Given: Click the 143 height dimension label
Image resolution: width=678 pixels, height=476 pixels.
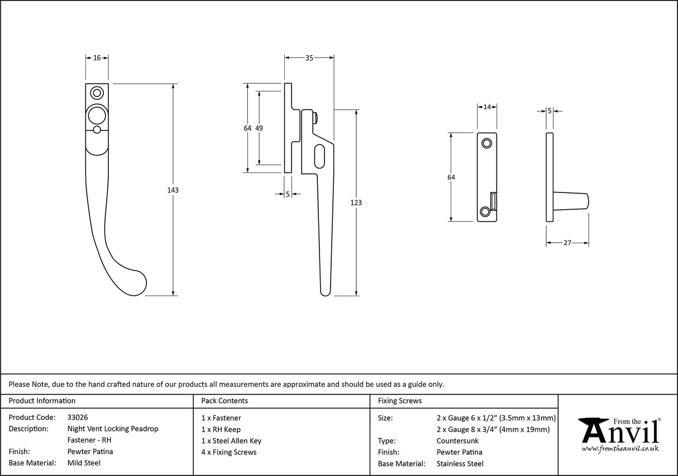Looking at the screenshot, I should [x=173, y=190].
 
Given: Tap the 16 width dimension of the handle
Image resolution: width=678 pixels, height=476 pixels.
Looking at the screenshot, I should [x=97, y=57].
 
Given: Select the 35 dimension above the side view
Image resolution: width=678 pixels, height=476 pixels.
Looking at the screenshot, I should [x=309, y=57].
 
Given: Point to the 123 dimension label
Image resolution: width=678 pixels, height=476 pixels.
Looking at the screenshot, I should [x=356, y=203].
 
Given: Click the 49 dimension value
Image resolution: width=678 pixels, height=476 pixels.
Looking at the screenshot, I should [x=259, y=128].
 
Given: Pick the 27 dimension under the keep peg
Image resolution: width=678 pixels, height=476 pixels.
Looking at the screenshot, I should [x=567, y=243].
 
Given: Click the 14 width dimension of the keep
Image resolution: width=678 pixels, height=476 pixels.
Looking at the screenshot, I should [x=487, y=107].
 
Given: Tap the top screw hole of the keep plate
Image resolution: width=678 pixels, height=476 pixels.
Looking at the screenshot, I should [x=487, y=143].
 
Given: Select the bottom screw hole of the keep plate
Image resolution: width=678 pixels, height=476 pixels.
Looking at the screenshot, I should [x=485, y=211].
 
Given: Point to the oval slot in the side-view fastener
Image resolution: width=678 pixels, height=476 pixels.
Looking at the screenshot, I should [x=319, y=156].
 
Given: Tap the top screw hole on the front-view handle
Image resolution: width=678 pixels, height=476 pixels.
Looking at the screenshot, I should [x=98, y=92].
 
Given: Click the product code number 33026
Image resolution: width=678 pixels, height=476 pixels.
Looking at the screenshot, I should [x=77, y=417].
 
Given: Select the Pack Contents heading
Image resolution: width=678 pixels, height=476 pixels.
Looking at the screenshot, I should [x=225, y=401].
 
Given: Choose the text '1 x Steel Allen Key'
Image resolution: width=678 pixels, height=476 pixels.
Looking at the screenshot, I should [x=231, y=441].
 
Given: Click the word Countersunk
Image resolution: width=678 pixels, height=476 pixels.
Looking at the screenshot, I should [x=457, y=441].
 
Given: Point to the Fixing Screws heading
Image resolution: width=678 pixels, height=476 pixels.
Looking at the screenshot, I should [x=400, y=401].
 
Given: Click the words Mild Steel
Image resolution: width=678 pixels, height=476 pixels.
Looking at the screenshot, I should [x=84, y=463].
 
